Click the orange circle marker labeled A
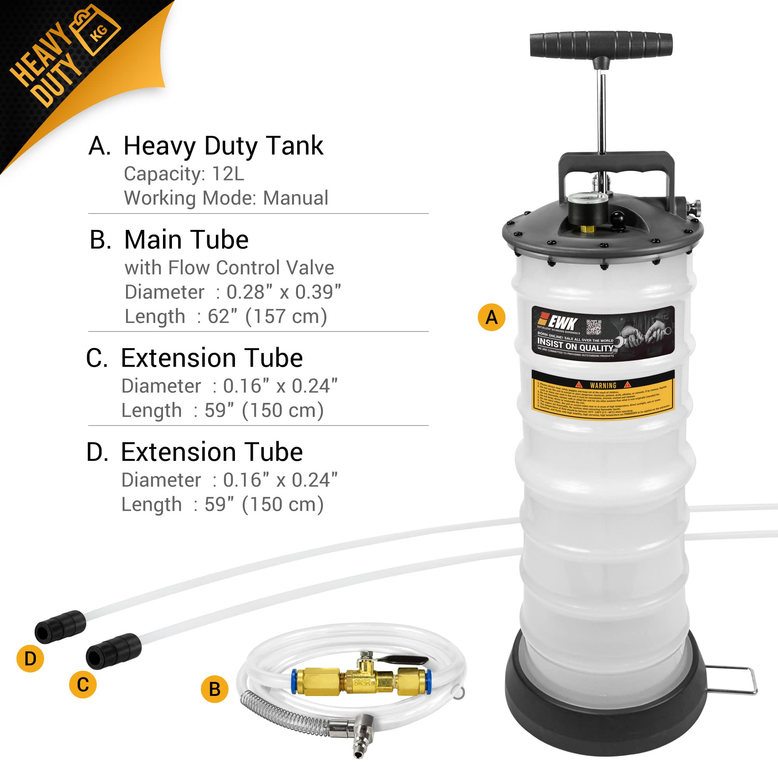(491, 318)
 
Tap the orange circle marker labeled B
(215, 689)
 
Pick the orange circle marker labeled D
(30, 659)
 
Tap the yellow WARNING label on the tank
(603, 394)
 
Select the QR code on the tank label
(594, 327)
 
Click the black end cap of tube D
(60, 627)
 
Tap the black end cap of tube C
(113, 651)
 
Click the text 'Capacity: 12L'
(184, 174)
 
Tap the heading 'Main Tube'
(186, 240)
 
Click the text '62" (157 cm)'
(267, 317)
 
